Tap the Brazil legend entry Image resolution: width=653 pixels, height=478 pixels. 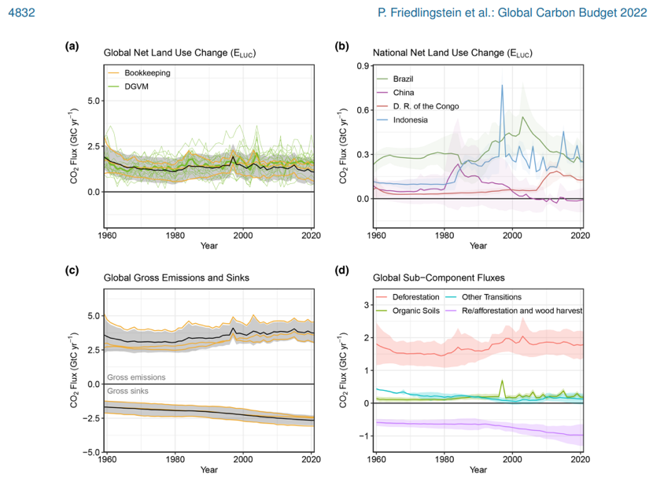click(403, 79)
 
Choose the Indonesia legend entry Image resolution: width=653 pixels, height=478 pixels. click(410, 119)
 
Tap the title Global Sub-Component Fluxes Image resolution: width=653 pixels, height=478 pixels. click(438, 278)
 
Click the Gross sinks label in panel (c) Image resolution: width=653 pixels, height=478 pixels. click(128, 391)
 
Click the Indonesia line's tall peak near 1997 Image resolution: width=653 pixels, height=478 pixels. click(501, 86)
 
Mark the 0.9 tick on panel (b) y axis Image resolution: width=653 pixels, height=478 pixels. click(363, 66)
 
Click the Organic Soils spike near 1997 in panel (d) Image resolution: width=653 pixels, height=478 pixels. click(502, 381)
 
